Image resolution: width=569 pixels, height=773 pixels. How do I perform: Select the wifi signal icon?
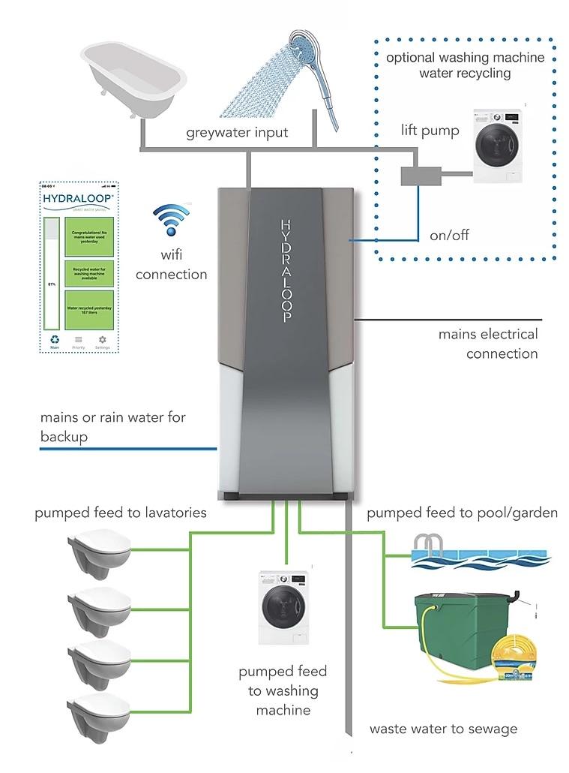coord(171,220)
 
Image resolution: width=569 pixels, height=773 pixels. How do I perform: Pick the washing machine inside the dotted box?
coord(499,147)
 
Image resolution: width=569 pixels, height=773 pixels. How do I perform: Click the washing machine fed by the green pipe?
coord(283,607)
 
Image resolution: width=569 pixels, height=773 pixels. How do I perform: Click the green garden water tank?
coord(457,627)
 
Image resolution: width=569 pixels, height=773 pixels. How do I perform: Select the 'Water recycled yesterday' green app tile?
coord(89,311)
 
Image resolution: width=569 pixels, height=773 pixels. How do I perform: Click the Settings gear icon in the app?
coord(103,340)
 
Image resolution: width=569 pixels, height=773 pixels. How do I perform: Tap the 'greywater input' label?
coord(237,133)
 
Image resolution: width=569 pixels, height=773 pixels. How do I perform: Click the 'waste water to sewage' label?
coord(443,729)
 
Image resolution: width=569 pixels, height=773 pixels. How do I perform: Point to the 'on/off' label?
coord(449,235)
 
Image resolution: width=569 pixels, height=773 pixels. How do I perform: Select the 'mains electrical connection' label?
coord(489,344)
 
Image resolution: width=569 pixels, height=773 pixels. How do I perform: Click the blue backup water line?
coord(127,450)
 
